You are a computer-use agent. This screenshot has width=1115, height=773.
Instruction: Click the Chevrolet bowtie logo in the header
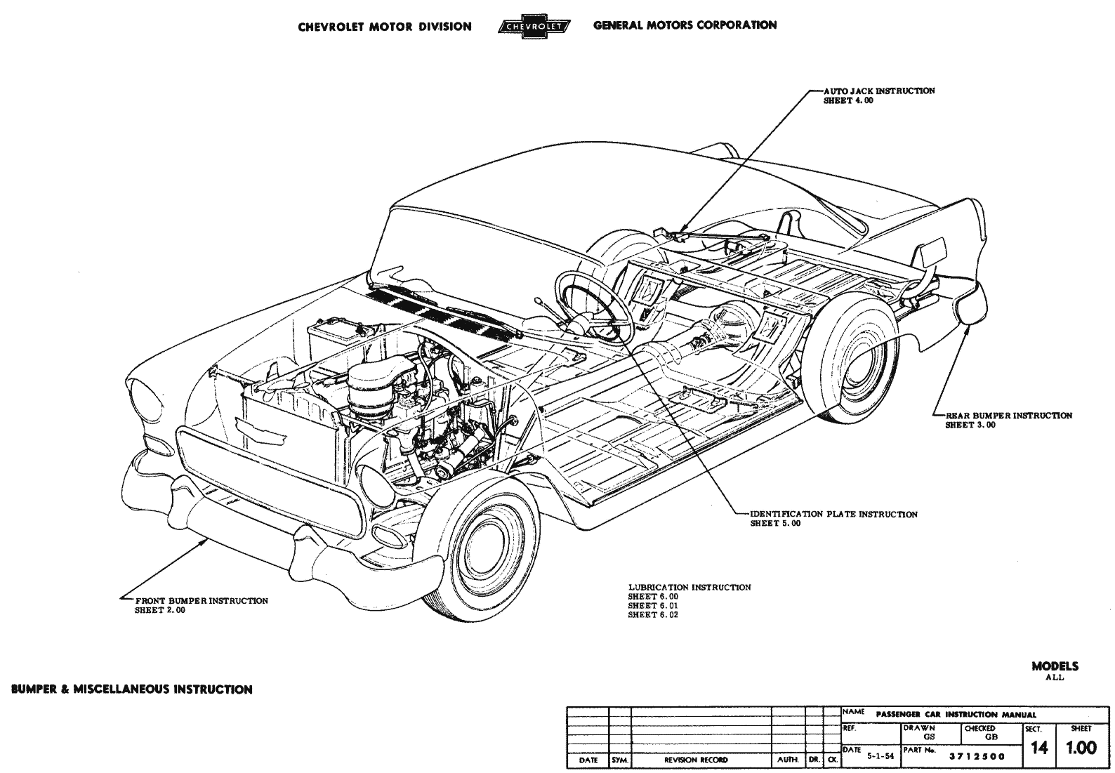pyautogui.click(x=534, y=27)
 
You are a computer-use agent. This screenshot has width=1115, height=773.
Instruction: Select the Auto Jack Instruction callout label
pyautogui.click(x=879, y=91)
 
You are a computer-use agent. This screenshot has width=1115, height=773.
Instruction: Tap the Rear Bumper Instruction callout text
pyautogui.click(x=1008, y=416)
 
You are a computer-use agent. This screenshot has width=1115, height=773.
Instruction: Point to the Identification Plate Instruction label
pyautogui.click(x=833, y=515)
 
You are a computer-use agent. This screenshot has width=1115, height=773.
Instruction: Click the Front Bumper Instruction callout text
pyautogui.click(x=201, y=601)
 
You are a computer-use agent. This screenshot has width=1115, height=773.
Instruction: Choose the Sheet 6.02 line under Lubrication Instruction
pyautogui.click(x=653, y=614)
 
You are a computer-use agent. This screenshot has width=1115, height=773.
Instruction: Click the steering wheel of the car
pyautogui.click(x=594, y=305)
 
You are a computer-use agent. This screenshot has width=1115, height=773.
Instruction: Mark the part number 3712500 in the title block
pyautogui.click(x=977, y=756)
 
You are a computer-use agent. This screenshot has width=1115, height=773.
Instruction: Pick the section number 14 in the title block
pyautogui.click(x=1038, y=748)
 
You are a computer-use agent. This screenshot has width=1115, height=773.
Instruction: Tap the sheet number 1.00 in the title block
pyautogui.click(x=1081, y=748)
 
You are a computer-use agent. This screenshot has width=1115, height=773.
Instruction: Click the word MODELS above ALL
pyautogui.click(x=1055, y=666)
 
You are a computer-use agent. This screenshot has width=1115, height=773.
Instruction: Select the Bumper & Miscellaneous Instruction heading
pyautogui.click(x=132, y=689)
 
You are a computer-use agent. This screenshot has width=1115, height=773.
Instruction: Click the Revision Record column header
pyautogui.click(x=696, y=760)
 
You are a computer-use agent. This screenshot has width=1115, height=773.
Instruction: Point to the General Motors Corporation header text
pyautogui.click(x=685, y=25)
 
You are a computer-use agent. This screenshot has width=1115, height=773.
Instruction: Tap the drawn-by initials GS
pyautogui.click(x=930, y=737)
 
